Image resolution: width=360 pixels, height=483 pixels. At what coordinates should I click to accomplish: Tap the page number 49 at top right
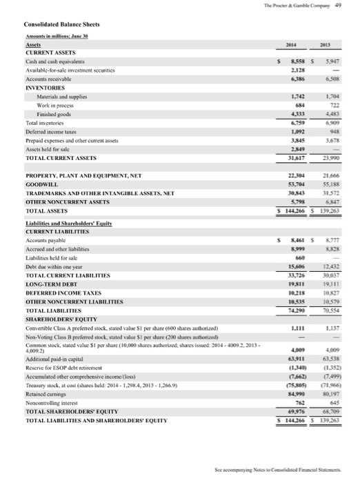tap(349, 6)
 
